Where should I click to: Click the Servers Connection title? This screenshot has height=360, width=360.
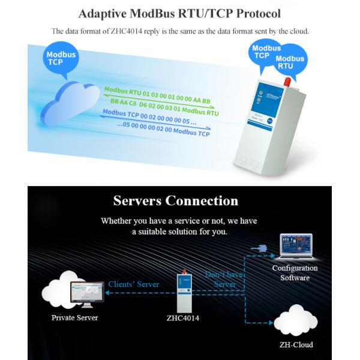tap(175, 200)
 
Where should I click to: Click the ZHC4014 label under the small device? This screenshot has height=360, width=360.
tap(183, 318)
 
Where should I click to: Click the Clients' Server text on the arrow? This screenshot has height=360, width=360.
tap(133, 284)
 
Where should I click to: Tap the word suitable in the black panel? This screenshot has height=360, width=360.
tap(156, 231)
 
